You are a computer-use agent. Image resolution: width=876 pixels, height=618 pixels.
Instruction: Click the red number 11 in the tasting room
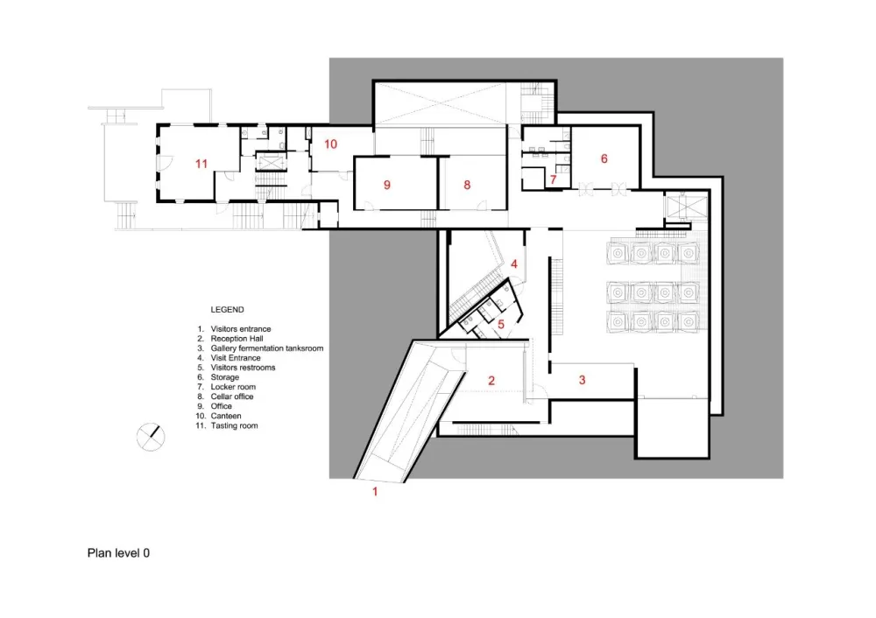[x=201, y=164]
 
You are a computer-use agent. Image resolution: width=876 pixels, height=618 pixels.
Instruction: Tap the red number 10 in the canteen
[x=331, y=144]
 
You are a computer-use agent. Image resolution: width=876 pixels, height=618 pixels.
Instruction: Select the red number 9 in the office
[x=386, y=185]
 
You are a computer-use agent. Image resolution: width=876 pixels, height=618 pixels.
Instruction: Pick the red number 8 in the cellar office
[x=467, y=185]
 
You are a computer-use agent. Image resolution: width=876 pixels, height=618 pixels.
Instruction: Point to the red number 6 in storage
[x=604, y=158]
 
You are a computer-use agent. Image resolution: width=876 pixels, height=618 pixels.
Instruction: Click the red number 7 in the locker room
[x=553, y=179]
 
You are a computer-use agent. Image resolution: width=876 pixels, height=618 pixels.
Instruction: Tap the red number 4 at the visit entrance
[x=514, y=263]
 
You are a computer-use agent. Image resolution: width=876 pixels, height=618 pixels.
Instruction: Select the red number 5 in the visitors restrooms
[x=501, y=325]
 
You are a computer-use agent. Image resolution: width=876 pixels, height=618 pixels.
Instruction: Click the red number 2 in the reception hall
[x=491, y=381]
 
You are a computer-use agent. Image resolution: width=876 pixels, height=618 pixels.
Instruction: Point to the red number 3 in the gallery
[x=583, y=380]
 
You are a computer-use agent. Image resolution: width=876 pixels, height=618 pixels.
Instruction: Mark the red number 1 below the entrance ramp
[x=375, y=492]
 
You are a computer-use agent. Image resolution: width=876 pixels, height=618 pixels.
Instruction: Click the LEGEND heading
[x=228, y=310]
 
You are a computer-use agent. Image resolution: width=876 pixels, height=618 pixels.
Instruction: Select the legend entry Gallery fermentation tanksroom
[x=267, y=348]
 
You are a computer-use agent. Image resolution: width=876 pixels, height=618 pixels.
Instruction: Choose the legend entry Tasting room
[x=234, y=425]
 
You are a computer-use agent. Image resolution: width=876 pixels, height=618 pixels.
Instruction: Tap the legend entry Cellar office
[x=232, y=397]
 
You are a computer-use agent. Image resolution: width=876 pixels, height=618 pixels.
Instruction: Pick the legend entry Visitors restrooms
[x=243, y=368]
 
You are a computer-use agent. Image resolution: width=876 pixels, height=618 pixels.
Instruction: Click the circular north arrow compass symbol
[x=151, y=437]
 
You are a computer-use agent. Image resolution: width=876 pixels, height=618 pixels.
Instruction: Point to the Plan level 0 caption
[x=118, y=553]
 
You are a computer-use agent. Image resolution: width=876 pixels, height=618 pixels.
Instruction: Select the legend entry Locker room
[x=233, y=387]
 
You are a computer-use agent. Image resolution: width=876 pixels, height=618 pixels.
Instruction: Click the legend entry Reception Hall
[x=237, y=339]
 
